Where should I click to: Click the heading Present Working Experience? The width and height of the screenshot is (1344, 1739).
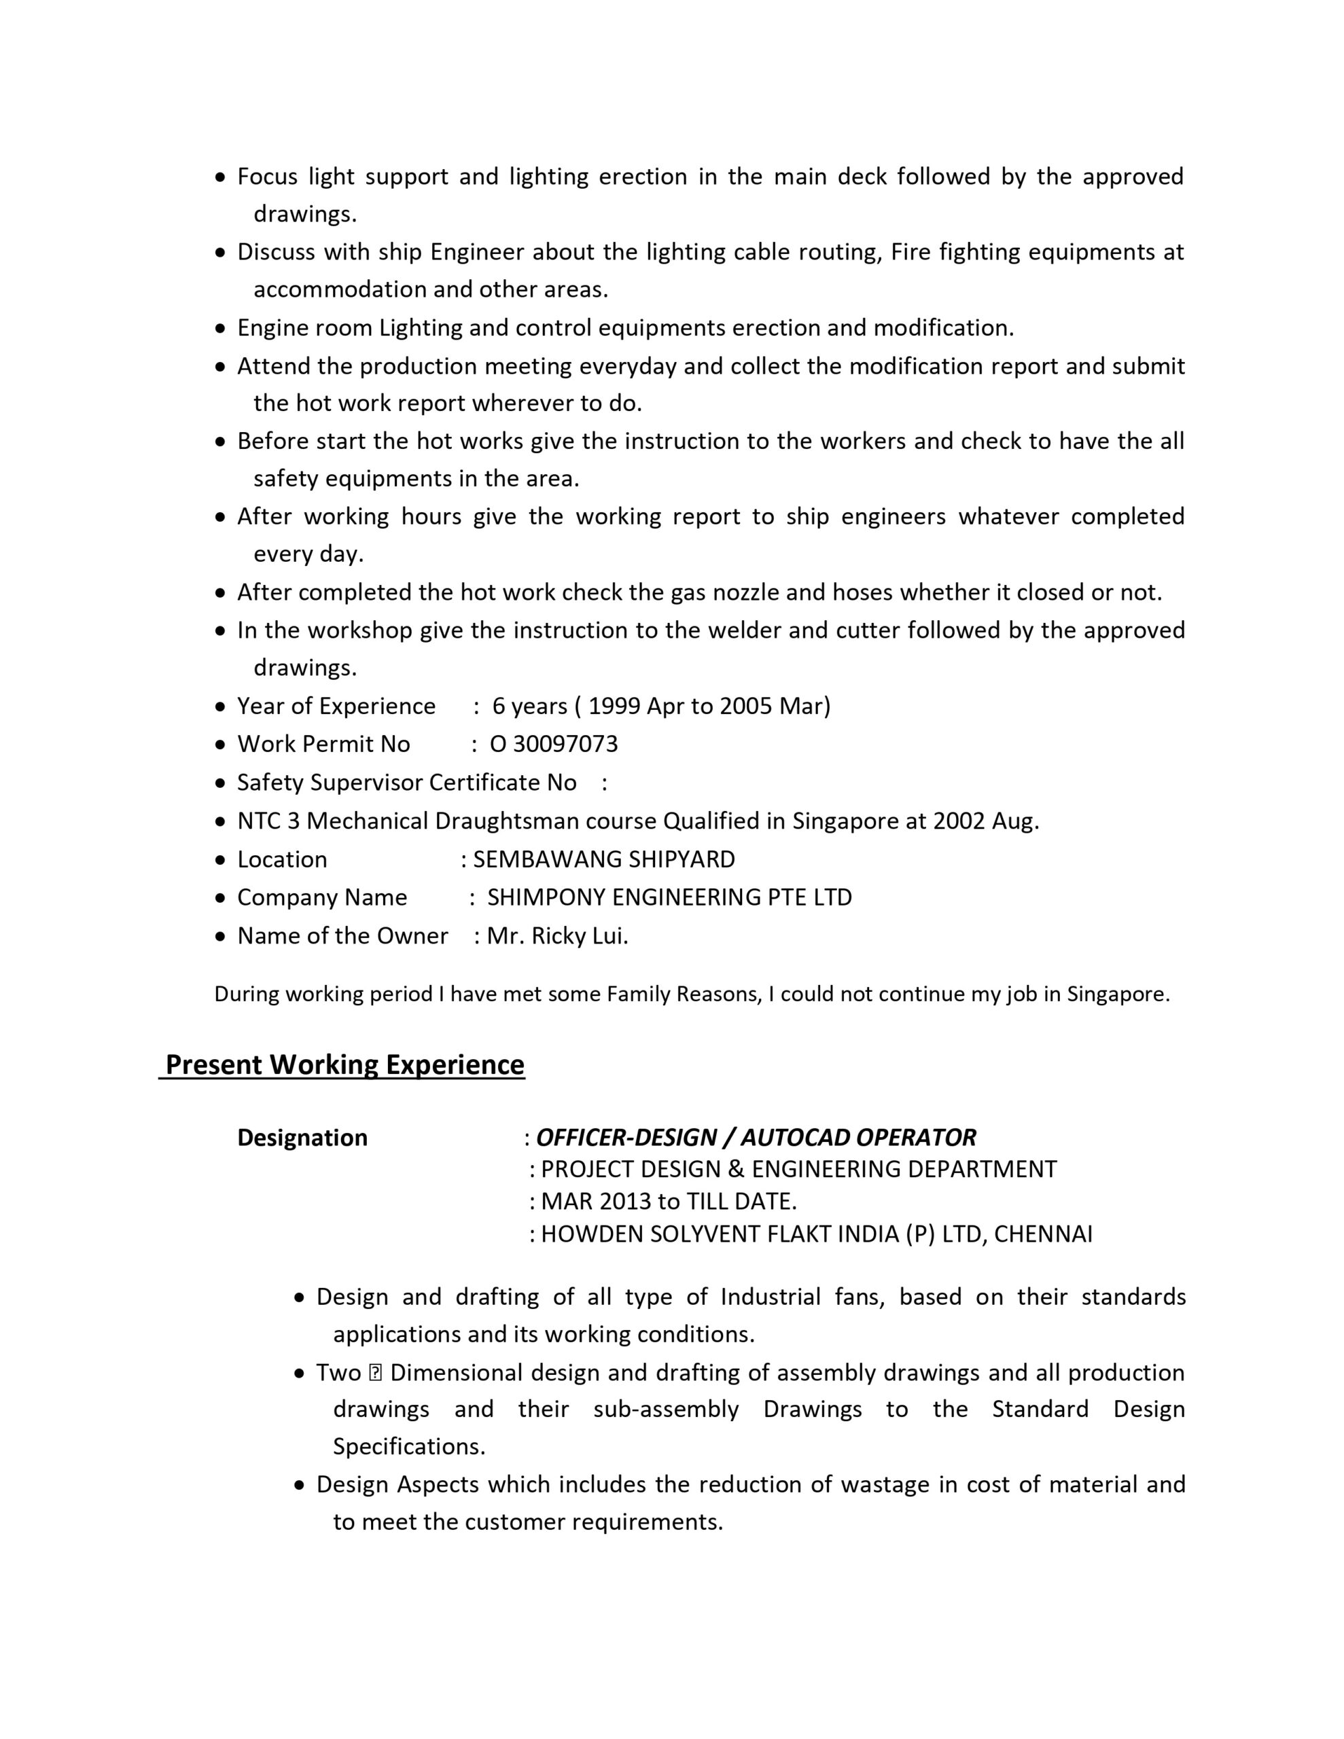point(344,1064)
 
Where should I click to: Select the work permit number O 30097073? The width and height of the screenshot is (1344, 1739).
point(554,744)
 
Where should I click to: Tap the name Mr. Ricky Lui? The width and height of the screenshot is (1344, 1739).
point(558,935)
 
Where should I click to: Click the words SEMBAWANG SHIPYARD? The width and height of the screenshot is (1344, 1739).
point(604,859)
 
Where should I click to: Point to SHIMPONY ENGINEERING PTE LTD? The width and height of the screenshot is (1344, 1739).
point(669,897)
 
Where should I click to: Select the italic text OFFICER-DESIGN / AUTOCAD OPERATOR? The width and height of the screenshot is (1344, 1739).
point(756,1138)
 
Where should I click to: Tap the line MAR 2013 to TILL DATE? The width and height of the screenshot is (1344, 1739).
point(669,1201)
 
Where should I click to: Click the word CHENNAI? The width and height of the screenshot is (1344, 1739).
point(1043,1234)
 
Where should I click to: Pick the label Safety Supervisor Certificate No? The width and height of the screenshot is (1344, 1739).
point(406,783)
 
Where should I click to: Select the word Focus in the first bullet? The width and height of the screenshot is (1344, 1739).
point(267,176)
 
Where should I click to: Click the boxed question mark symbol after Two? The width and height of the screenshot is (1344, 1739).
point(376,1373)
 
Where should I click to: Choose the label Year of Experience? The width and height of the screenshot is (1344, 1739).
point(336,706)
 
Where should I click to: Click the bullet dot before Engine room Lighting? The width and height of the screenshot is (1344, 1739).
point(221,329)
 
